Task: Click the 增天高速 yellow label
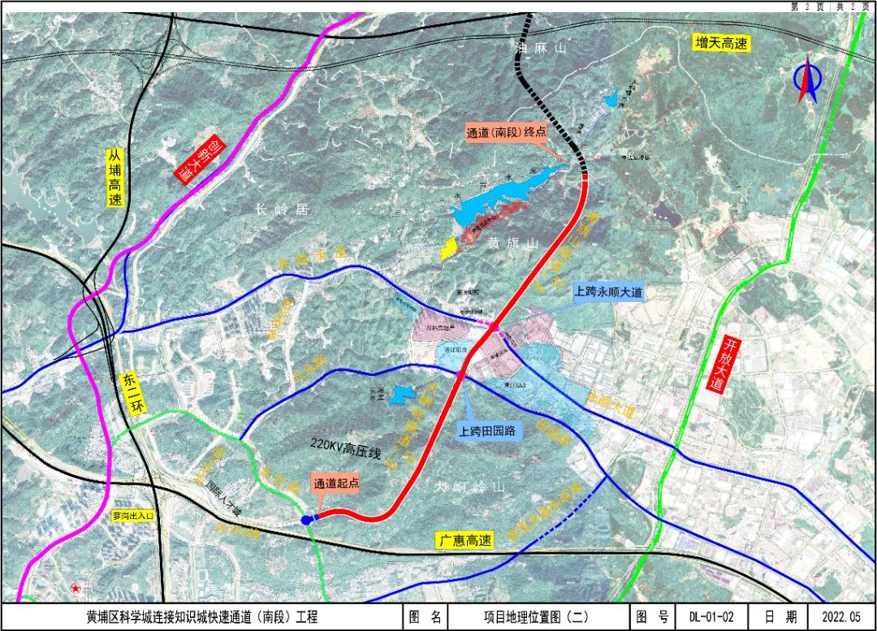721,44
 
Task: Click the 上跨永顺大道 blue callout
608,292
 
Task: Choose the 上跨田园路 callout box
490,431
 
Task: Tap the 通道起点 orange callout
336,482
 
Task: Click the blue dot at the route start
306,520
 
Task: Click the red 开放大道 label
715,361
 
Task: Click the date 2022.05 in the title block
842,617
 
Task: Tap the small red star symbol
76,587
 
